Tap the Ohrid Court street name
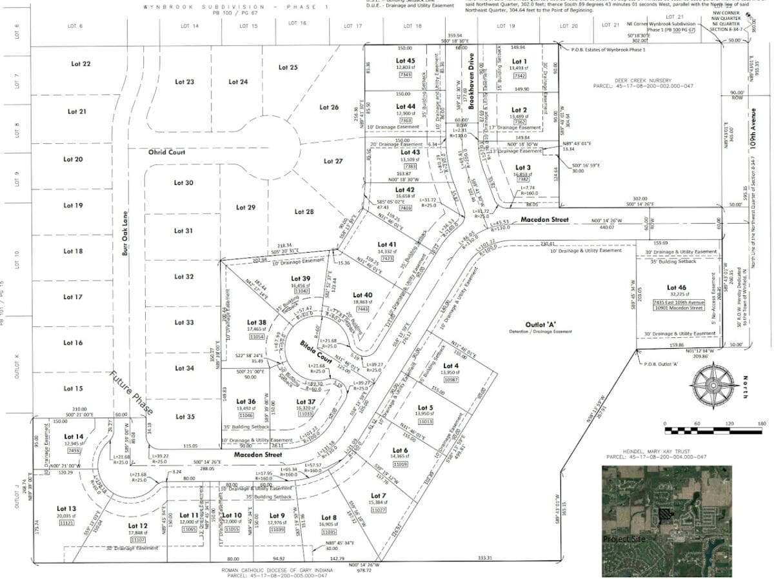tap(166, 152)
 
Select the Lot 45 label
tap(405, 61)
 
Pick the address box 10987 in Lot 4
tap(451, 380)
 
